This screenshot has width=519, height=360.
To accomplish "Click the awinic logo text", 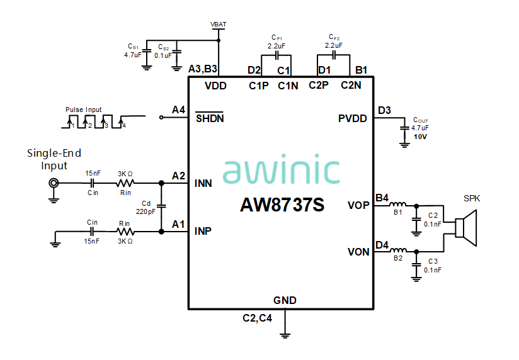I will [281, 171].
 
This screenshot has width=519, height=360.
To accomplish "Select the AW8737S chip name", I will [282, 205].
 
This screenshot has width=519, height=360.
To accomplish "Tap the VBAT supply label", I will [219, 25].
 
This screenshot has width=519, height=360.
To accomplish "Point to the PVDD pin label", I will [352, 118].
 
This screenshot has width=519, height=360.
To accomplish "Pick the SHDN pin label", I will [209, 118].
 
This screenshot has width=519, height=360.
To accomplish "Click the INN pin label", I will [203, 184].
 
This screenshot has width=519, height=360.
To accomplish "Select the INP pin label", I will [203, 231].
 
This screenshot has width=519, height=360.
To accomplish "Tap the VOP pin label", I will [358, 205].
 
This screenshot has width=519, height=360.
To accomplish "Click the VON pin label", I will [358, 252].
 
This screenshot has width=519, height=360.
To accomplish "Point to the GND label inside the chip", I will [285, 300].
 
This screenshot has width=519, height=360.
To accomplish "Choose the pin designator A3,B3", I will [203, 69].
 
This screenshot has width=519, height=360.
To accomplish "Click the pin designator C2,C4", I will [257, 318].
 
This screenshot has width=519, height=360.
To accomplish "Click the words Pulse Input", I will [83, 110].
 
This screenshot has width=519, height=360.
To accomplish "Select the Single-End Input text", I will [54, 159].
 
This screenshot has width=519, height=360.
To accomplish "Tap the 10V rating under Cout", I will [420, 137].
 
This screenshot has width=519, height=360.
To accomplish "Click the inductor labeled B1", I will [398, 205].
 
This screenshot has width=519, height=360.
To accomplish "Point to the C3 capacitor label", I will [433, 261].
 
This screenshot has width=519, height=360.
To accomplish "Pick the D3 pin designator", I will [384, 111].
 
